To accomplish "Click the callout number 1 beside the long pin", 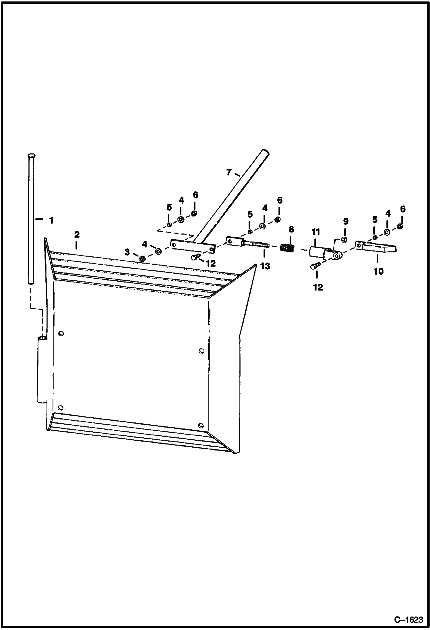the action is point(51,221).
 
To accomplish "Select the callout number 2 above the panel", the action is point(77,234).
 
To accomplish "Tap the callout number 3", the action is point(127,252).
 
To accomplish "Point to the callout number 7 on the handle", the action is point(228,173).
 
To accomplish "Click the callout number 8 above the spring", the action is point(291,229).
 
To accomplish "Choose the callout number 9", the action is point(346,221).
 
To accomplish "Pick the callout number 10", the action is point(378,271).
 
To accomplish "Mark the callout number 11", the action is point(316,232).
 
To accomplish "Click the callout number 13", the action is point(265,266).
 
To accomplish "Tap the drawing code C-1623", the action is point(408,619).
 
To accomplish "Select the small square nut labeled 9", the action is point(345,239).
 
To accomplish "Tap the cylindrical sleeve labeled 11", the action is point(317,252).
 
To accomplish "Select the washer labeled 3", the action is point(142,259).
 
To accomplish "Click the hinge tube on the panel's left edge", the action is point(42,370).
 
